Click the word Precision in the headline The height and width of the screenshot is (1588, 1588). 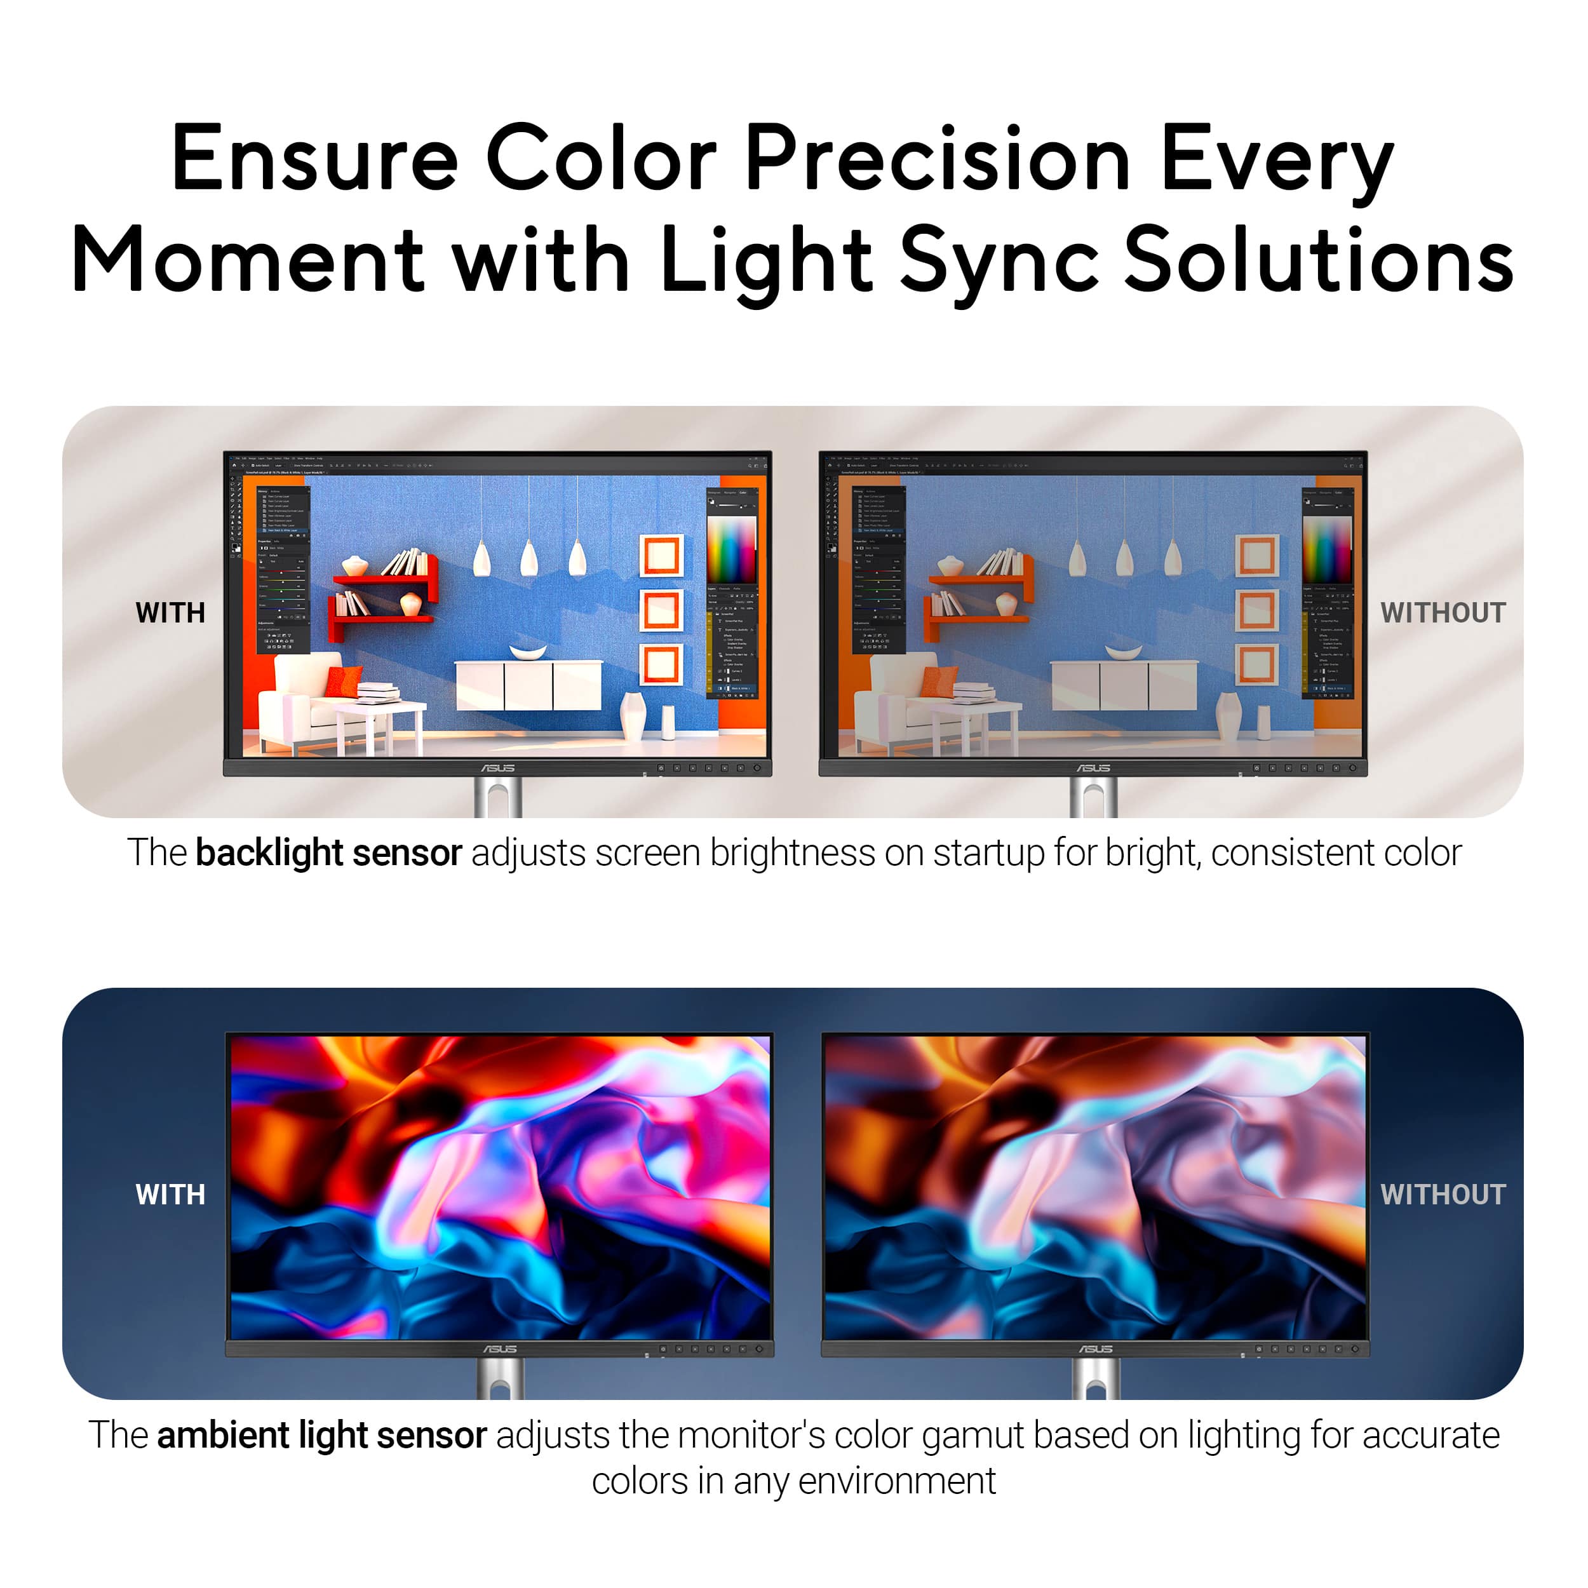click(x=937, y=158)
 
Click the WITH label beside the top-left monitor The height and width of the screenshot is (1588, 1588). click(x=170, y=613)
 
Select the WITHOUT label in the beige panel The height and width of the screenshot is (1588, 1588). click(x=1443, y=613)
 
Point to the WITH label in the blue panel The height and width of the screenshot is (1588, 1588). click(x=170, y=1194)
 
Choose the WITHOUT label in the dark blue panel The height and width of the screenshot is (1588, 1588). click(x=1443, y=1194)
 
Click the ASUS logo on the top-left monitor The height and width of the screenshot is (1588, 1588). click(x=498, y=768)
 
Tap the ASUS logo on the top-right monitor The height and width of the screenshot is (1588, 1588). click(x=1093, y=768)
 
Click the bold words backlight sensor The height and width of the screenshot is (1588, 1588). click(x=329, y=853)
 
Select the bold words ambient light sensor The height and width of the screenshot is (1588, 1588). click(x=321, y=1435)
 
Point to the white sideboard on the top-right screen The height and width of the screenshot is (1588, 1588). click(x=1123, y=685)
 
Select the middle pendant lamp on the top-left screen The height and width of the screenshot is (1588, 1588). click(x=529, y=559)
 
